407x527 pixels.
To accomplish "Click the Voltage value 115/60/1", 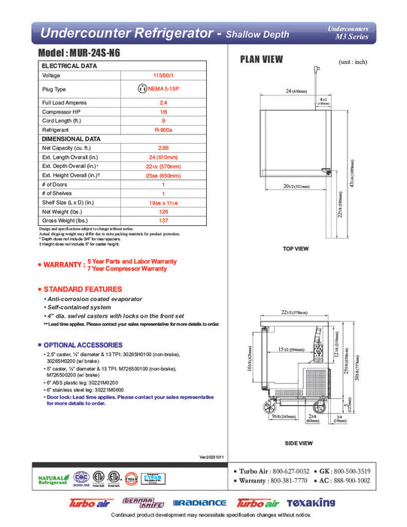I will (163, 75).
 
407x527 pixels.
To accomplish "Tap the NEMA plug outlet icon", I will (141, 89).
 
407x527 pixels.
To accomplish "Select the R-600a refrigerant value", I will (163, 129).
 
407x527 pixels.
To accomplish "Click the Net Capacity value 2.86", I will (163, 148).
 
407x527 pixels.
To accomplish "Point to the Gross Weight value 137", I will (163, 219).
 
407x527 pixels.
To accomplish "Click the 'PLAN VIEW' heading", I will (261, 59).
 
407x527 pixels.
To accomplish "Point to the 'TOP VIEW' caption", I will (296, 248).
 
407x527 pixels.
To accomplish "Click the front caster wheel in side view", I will (268, 407).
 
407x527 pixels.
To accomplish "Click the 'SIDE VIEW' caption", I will (299, 443).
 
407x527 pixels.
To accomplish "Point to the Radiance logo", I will (199, 503).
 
